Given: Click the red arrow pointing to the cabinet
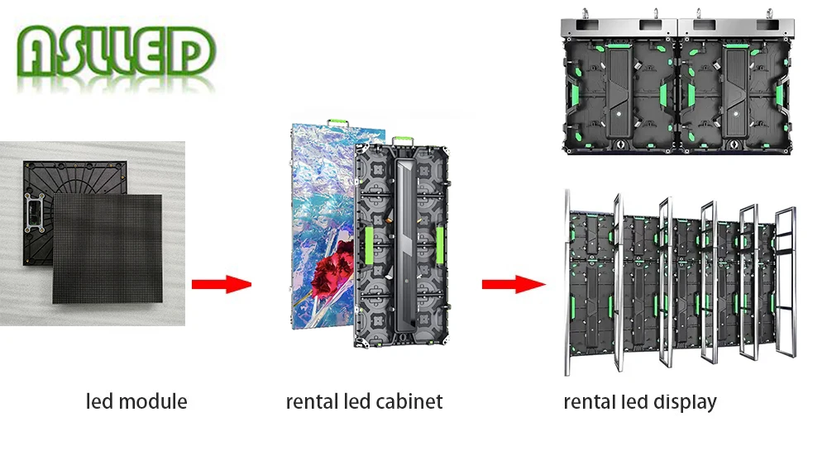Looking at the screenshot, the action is click(221, 285).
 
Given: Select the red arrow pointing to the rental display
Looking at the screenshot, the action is click(514, 285).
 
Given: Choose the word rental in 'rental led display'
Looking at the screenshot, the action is click(590, 402).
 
